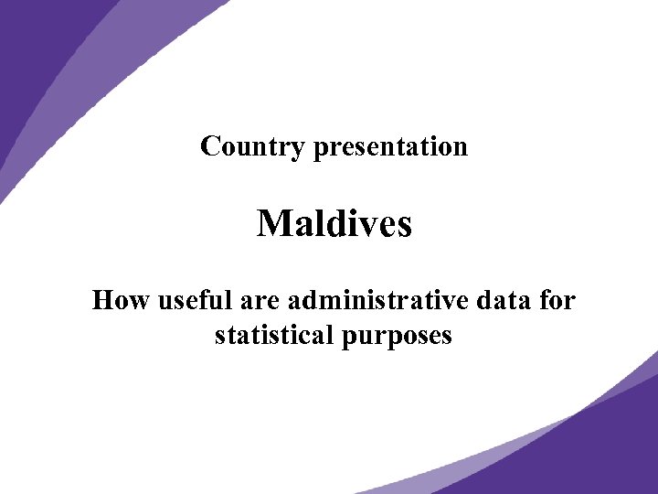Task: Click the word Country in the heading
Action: click(252, 146)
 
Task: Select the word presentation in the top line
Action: click(390, 146)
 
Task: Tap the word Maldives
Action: click(334, 223)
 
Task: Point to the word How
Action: click(122, 300)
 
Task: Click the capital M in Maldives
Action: click(273, 223)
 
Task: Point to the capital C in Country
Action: click(210, 146)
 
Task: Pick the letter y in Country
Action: click(297, 149)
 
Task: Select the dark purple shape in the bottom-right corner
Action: click(594, 448)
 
